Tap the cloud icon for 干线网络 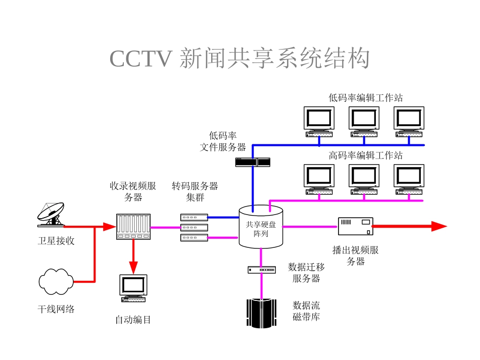[x=55, y=282]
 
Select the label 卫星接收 [x=56, y=241]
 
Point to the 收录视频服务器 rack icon [x=133, y=227]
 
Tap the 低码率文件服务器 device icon [x=253, y=162]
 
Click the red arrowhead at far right [x=439, y=226]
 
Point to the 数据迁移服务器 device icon [x=261, y=270]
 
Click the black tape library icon [x=261, y=314]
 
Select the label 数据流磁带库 [x=306, y=311]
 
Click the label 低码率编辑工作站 [x=365, y=97]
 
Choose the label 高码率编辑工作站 [x=365, y=155]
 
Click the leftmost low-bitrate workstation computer [x=319, y=122]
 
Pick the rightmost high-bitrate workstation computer [x=409, y=180]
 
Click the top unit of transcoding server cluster [x=195, y=217]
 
